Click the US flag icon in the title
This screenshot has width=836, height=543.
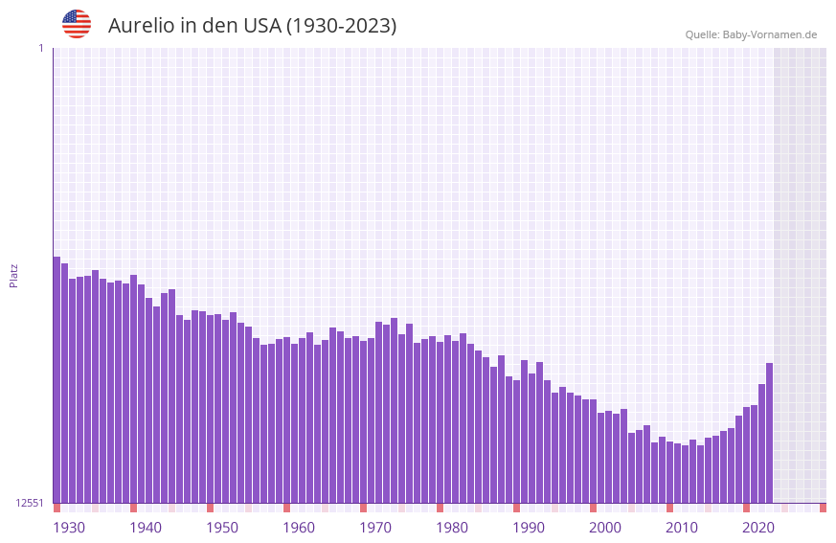click(77, 24)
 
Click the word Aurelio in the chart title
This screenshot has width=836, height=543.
click(141, 26)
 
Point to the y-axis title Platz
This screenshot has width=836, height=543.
click(13, 275)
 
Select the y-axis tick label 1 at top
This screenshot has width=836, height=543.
click(40, 48)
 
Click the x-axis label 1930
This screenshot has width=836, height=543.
click(69, 528)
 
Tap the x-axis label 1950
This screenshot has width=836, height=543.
click(222, 528)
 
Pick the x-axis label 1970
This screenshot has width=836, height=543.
click(375, 528)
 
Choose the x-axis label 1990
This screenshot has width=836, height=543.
click(529, 528)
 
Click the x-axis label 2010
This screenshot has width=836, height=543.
click(682, 528)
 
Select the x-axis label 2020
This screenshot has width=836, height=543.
click(758, 528)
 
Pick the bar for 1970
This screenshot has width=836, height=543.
click(378, 412)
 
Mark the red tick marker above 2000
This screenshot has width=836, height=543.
click(593, 508)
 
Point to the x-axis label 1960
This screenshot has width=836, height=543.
click(299, 528)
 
